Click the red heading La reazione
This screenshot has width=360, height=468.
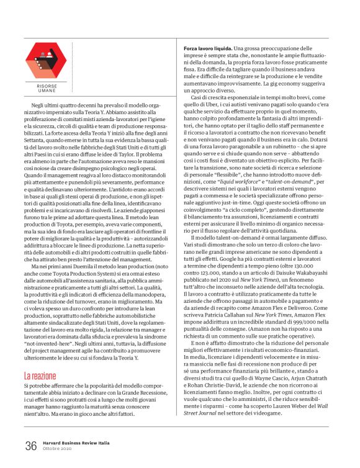pos(41,376)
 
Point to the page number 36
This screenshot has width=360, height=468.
pos(31,446)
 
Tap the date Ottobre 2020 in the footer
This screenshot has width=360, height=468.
pos(59,449)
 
